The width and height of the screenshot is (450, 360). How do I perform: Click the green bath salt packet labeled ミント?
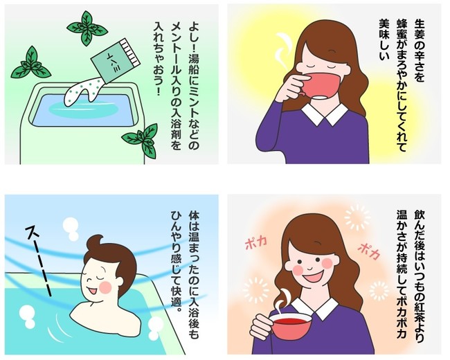115,62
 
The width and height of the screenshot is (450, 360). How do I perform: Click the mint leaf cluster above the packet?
87,28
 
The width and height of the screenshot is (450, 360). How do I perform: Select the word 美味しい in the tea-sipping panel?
384,39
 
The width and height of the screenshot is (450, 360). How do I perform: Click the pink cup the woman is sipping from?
318,87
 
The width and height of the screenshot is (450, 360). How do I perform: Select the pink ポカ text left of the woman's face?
256,242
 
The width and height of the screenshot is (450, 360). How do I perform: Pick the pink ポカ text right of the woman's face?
370,251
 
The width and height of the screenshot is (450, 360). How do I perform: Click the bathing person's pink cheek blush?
105,287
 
